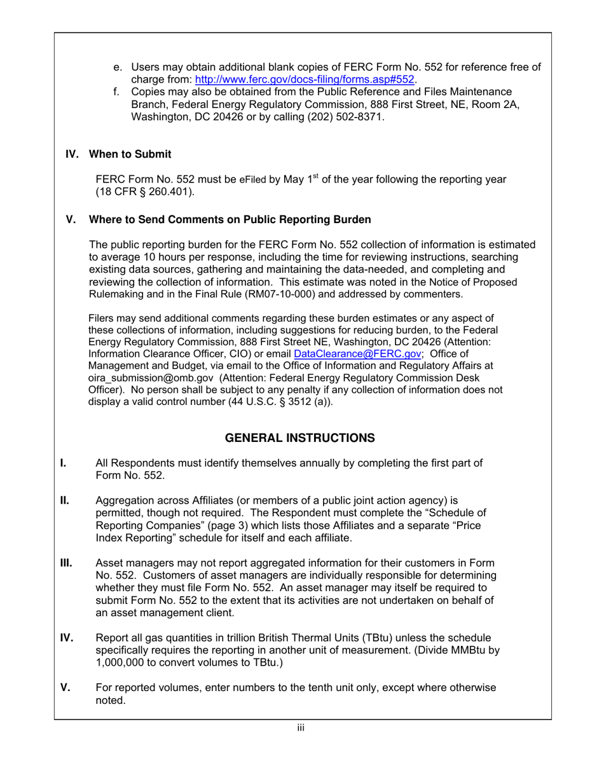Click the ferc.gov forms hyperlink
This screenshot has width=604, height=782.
(x=305, y=79)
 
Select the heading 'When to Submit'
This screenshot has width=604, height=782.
(x=130, y=154)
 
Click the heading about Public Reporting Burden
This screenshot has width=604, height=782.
(x=230, y=220)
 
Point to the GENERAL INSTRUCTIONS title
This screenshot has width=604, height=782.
(x=301, y=439)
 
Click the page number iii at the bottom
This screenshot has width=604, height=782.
(x=301, y=728)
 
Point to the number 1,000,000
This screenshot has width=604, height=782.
(x=125, y=662)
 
